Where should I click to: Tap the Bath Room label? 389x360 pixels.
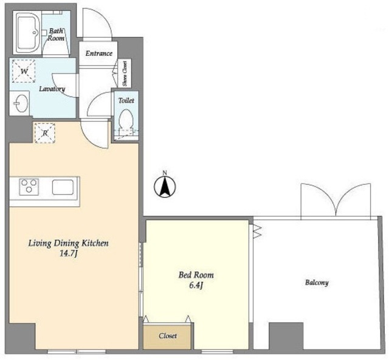point(56,35)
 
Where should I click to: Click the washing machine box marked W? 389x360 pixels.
point(24,71)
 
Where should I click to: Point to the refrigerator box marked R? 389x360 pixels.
point(44,133)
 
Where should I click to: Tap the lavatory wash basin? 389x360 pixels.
point(21,103)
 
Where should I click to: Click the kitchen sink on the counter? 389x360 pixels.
point(63,187)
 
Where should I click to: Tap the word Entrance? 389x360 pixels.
point(98,54)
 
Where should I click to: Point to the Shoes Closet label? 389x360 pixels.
point(125,74)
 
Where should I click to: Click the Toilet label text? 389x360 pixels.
point(126,100)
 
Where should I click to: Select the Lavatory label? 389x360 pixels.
point(52,89)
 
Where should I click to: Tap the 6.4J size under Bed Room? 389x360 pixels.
point(196,285)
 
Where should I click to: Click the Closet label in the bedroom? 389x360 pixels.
point(168,336)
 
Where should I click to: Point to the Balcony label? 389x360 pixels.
point(317,283)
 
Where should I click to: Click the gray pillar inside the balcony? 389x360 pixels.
point(286,336)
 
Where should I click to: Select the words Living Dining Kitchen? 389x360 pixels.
point(69,243)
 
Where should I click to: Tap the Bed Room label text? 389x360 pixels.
point(196,275)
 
